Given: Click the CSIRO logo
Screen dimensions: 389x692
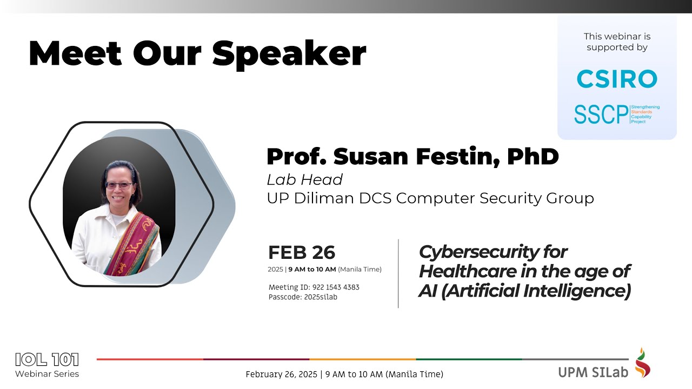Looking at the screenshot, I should pos(617,79).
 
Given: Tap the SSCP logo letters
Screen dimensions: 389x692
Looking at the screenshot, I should pos(601,114).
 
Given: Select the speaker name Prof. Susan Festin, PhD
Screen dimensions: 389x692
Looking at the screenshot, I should pos(412,157).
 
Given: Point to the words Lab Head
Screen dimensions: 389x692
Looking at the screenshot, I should pos(305,179).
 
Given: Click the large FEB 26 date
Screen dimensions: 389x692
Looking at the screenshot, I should pos(302,252).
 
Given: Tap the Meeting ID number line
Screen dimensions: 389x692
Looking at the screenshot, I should pos(314,287).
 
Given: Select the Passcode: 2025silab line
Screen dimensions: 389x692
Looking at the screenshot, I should pos(303,297).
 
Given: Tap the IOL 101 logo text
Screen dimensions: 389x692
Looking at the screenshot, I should pos(47,359).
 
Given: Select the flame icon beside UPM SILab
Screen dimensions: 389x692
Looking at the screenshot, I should pos(643,363).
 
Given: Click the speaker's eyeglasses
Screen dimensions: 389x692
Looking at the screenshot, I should pos(118,185).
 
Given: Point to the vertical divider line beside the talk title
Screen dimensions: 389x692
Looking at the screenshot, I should pos(398,273).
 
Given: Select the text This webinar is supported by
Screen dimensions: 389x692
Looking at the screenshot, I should pos(617,42).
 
